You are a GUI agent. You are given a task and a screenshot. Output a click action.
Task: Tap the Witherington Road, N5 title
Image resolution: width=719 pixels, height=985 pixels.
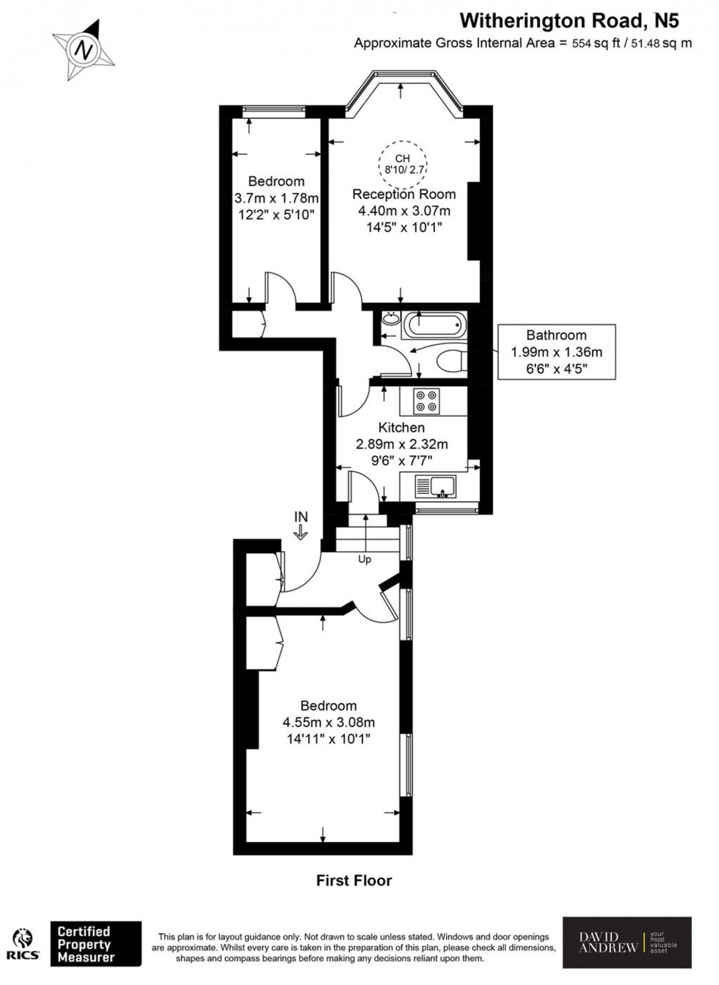coord(575,20)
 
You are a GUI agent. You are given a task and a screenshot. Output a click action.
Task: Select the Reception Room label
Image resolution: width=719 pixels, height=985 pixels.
coord(404,195)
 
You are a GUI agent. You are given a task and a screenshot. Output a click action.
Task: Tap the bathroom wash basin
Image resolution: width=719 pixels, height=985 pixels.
coord(390,319)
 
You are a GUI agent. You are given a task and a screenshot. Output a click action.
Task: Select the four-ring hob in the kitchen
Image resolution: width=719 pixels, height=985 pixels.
coord(426,401)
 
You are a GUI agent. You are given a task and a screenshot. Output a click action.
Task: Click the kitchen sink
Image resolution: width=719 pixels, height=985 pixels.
coord(436,486)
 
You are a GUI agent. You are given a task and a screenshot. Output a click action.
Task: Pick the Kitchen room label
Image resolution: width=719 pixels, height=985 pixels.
coord(401,427)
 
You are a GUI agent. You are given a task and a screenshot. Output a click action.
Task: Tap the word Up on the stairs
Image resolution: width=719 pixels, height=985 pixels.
coord(365,559)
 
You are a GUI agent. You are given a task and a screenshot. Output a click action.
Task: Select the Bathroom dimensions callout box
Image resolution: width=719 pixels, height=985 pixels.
coord(556,352)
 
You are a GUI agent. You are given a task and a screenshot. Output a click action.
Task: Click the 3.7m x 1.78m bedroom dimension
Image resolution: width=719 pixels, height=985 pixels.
coord(276,198)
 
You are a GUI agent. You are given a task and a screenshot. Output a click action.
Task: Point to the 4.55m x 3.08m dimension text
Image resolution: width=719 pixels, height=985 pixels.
coord(329,722)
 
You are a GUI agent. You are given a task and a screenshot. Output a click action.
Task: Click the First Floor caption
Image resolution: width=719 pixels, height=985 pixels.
coord(354,880)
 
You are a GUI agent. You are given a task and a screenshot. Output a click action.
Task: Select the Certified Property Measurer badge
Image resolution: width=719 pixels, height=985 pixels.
coord(95,944)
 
